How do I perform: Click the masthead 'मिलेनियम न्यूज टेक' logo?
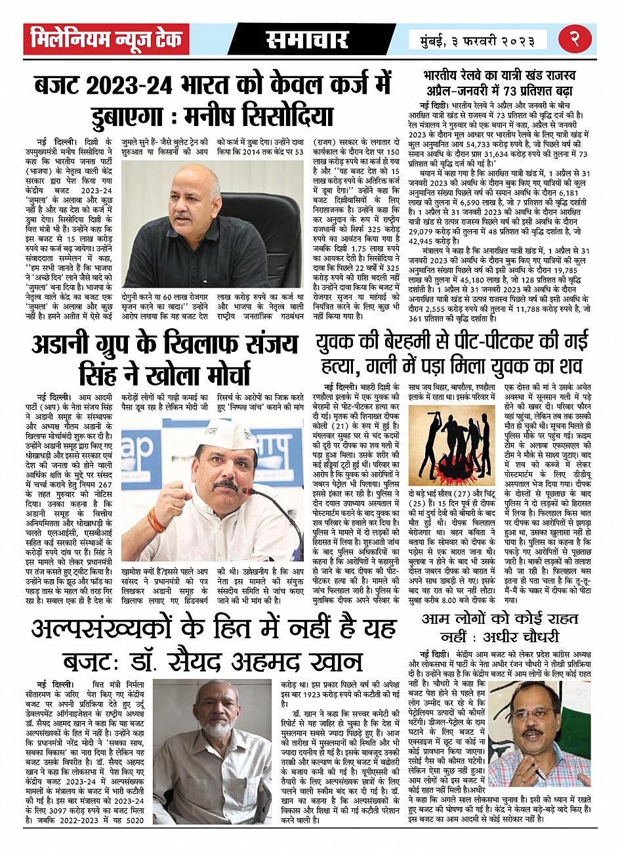pyautogui.click(x=106, y=40)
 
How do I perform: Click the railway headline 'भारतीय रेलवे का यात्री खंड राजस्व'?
pyautogui.click(x=498, y=77)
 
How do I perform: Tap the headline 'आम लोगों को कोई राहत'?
pyautogui.click(x=500, y=619)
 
